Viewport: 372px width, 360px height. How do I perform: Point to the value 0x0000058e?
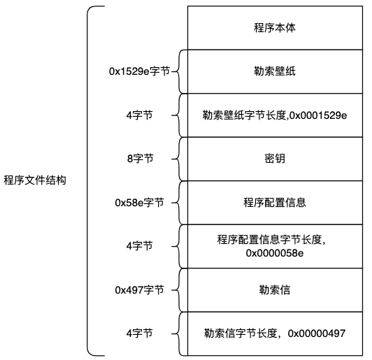pos(275,252)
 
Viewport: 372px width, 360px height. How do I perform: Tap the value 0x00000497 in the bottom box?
pos(318,333)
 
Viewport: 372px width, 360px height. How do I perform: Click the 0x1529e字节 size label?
pos(139,71)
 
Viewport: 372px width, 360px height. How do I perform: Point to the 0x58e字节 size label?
pos(139,203)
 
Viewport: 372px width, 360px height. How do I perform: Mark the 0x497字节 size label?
pos(139,289)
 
